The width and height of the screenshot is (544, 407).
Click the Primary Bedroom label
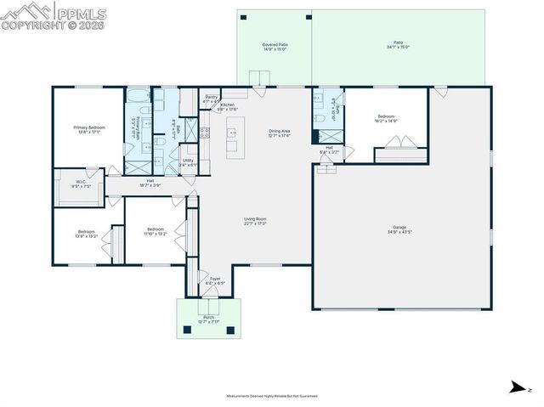tap(89, 127)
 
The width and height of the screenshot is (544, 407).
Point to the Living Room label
tap(256, 220)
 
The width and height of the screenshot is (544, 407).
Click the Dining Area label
tap(280, 131)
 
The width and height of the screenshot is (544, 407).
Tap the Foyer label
tap(215, 278)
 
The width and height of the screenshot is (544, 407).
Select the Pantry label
tap(211, 97)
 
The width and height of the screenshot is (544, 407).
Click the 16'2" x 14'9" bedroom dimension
tap(387, 121)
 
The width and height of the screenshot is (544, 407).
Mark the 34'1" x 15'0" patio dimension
tap(398, 48)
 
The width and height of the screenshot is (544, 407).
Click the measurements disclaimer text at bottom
tap(271, 396)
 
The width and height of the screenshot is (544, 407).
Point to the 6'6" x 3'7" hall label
tap(329, 152)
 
